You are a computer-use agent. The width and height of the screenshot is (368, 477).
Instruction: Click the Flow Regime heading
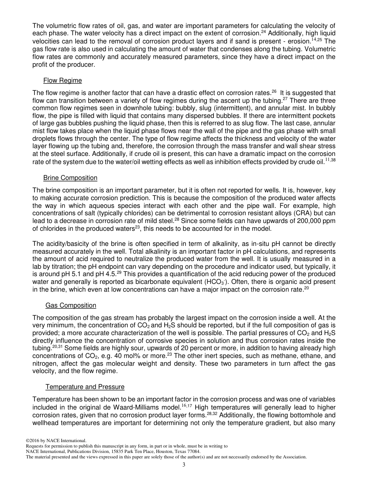(x=62, y=81)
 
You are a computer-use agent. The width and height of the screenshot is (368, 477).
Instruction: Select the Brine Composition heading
(x=70, y=178)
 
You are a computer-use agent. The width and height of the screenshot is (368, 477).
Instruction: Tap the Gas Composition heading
(x=71, y=306)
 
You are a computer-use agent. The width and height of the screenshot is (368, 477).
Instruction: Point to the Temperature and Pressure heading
(x=85, y=387)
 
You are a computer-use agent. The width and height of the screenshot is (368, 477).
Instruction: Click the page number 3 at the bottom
(x=184, y=465)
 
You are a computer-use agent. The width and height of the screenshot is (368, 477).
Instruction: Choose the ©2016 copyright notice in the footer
(x=55, y=441)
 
